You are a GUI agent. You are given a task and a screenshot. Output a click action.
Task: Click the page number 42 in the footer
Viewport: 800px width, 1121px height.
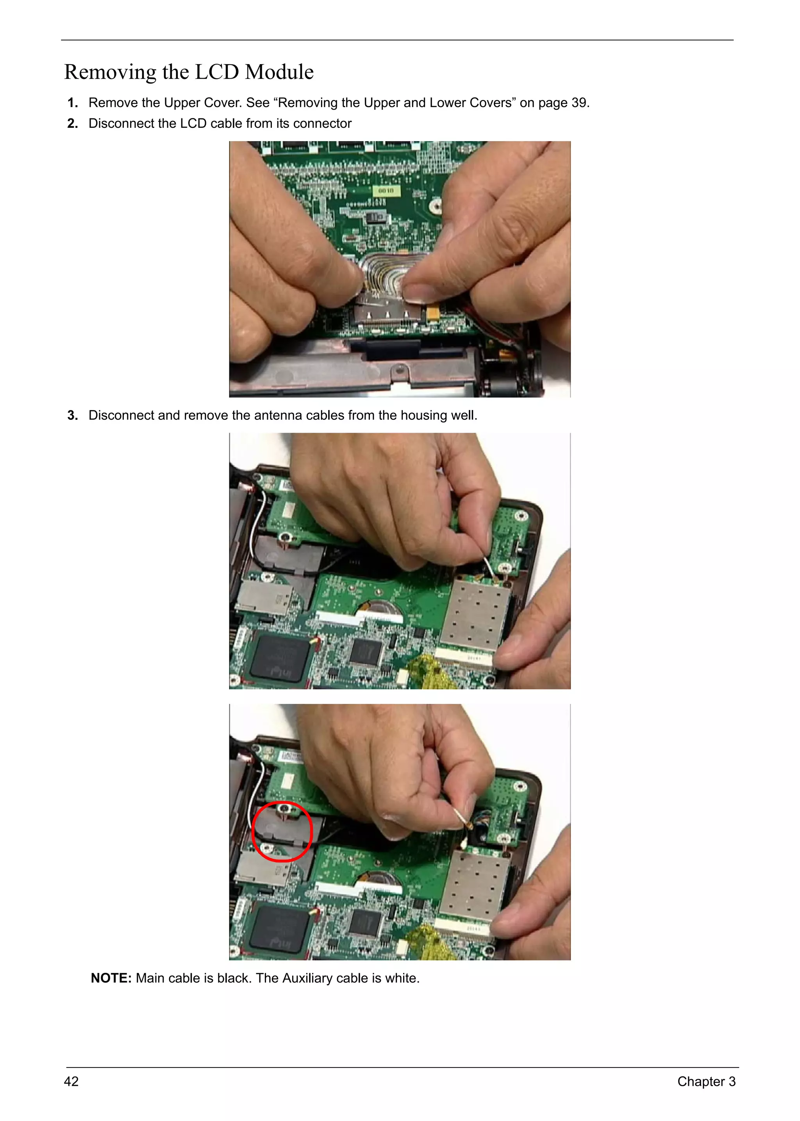[x=71, y=1081]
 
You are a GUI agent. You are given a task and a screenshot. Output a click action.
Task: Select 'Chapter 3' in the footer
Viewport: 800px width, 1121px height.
[x=706, y=1081]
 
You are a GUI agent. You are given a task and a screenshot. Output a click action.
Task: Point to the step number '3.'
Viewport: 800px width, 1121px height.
[x=72, y=415]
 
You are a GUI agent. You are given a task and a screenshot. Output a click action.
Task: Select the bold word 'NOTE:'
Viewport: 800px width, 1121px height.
[x=111, y=978]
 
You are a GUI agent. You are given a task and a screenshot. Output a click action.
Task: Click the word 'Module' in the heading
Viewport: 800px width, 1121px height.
[x=279, y=72]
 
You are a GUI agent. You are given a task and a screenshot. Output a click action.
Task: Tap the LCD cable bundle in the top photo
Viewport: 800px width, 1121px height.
[x=387, y=271]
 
